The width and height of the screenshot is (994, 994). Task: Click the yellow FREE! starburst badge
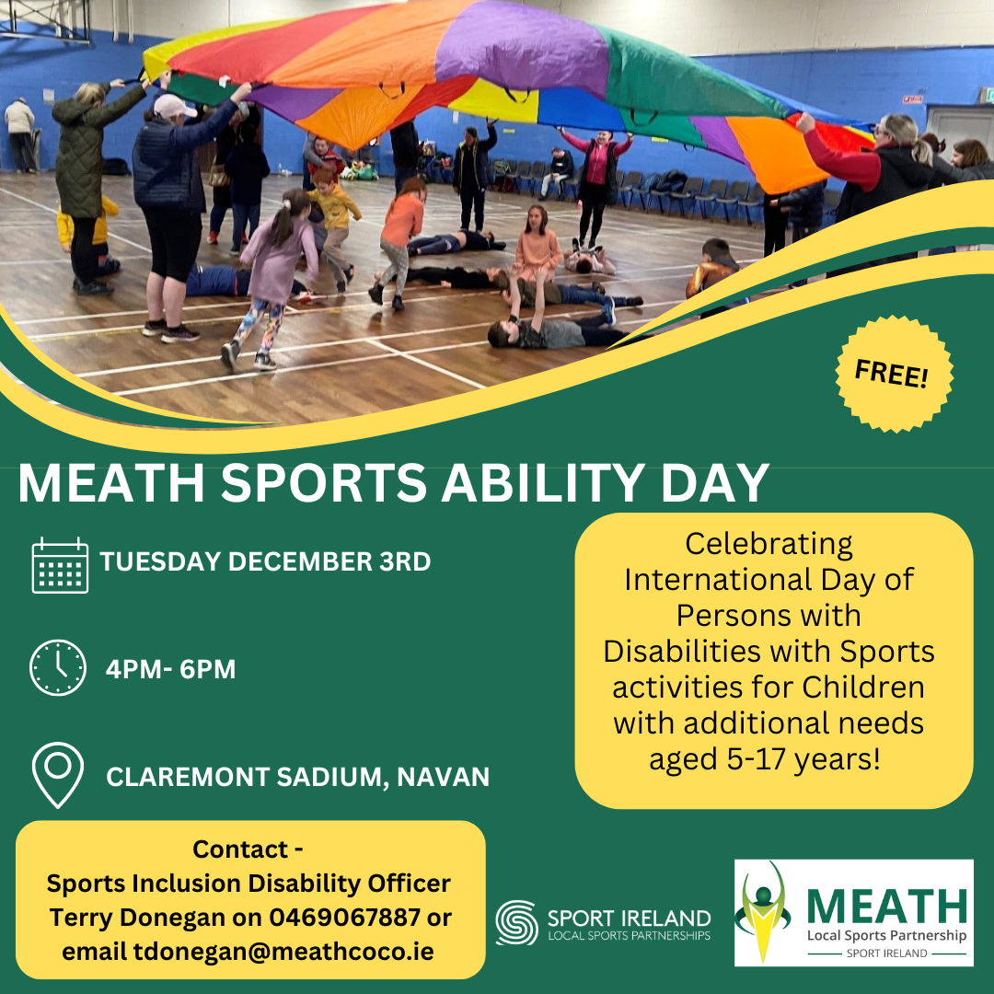coord(894,374)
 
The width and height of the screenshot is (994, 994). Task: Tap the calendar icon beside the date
coord(60,565)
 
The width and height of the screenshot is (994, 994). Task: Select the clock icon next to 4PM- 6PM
coord(58,667)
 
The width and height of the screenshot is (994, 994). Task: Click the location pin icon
coord(58,775)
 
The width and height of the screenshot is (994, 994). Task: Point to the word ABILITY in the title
coord(543,482)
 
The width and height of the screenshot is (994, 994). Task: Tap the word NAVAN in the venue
coord(443,777)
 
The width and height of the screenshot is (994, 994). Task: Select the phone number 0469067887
coord(344,918)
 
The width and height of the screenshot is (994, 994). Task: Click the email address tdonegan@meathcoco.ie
coord(283,951)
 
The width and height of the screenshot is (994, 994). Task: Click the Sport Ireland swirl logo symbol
coord(516,923)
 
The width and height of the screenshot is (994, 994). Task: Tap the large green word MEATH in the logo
coord(887,907)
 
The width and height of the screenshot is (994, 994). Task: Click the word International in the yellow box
coord(718,580)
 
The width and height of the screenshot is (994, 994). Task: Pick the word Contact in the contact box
coord(240,850)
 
